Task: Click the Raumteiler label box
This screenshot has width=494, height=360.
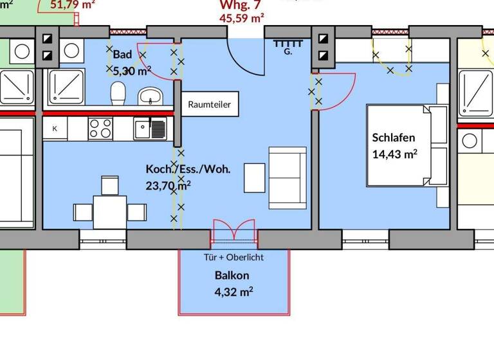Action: point(210,104)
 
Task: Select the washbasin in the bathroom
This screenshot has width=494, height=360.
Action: point(151,97)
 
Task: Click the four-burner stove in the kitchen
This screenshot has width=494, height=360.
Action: point(100,128)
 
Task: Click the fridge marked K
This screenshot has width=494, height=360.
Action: point(55,129)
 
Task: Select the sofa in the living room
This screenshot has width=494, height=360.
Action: point(288,177)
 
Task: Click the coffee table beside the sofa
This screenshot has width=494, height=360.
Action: point(254,177)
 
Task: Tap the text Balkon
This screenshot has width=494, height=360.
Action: point(232,275)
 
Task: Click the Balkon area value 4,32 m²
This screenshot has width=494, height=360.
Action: point(233,291)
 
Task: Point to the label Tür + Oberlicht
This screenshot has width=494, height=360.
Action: point(234,257)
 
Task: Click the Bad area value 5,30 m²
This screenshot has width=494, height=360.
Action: point(132,71)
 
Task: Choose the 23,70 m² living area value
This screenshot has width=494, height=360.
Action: point(169,185)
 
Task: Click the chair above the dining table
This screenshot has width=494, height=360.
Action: point(109,184)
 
